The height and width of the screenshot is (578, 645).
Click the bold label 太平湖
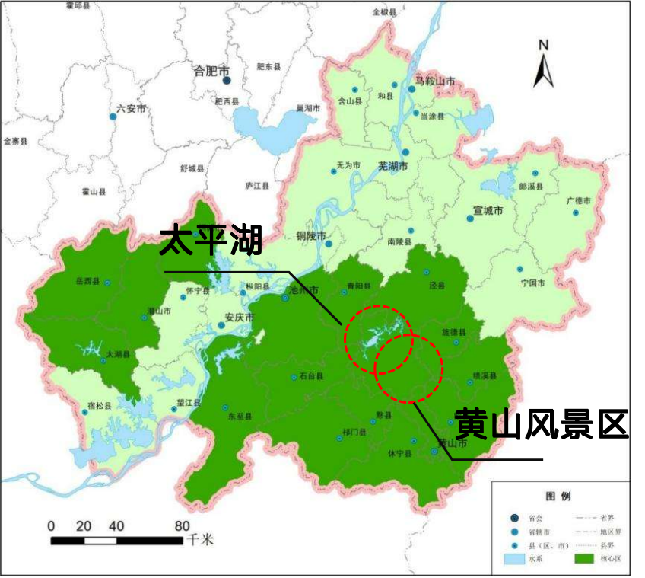(x=211, y=241)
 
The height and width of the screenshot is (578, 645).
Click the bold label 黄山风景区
(x=541, y=423)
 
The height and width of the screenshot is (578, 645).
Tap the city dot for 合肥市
(x=226, y=80)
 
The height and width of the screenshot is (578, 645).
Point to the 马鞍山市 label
(x=435, y=81)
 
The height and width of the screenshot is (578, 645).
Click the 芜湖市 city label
(x=393, y=165)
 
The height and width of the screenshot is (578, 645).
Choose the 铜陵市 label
(x=310, y=235)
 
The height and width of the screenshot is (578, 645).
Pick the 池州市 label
(x=303, y=289)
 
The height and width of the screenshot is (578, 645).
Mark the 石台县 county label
(x=312, y=376)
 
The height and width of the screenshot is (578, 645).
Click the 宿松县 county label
(x=100, y=406)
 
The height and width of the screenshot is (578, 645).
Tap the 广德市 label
(x=579, y=200)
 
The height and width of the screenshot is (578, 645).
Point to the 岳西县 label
(x=87, y=282)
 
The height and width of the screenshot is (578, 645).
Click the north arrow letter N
(x=543, y=45)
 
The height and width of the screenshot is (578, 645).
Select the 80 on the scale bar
(x=182, y=525)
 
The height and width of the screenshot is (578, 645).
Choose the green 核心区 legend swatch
(x=582, y=558)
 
